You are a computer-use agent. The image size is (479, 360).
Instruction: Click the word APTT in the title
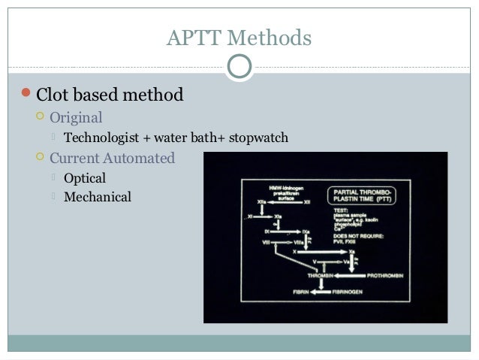pyautogui.click(x=194, y=38)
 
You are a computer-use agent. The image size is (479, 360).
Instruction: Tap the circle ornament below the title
pyautogui.click(x=239, y=68)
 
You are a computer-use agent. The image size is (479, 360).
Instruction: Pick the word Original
pyautogui.click(x=76, y=118)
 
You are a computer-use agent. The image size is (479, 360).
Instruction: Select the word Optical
pyautogui.click(x=85, y=179)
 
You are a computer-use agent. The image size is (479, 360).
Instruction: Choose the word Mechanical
pyautogui.click(x=98, y=198)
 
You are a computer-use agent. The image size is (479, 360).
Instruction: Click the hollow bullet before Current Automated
pyautogui.click(x=40, y=159)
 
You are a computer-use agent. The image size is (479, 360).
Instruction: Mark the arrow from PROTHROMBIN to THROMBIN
pyautogui.click(x=342, y=275)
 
